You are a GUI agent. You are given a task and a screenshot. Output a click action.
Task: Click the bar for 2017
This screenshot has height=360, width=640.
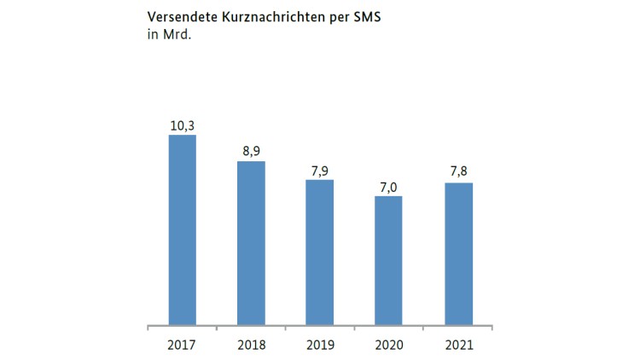[x=182, y=230]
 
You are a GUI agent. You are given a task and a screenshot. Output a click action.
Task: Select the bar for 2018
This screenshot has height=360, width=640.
[x=251, y=243]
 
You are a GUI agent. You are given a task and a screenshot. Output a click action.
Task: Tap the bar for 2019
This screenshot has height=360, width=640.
[x=320, y=253]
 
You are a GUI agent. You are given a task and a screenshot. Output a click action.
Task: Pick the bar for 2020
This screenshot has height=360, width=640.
[x=388, y=261]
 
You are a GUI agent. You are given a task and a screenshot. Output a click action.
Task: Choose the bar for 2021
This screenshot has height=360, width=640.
[x=458, y=254]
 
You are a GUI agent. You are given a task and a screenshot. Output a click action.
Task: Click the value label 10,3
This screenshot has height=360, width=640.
[x=182, y=125]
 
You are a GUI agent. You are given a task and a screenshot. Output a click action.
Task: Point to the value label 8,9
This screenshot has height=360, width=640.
[x=251, y=150]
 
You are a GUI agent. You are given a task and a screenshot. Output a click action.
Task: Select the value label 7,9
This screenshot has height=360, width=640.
[x=320, y=169]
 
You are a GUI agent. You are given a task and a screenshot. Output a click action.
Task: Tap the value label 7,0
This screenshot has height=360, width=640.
[x=388, y=185]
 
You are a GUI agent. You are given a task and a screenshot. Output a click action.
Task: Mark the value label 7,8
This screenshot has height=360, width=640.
[x=458, y=171]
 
